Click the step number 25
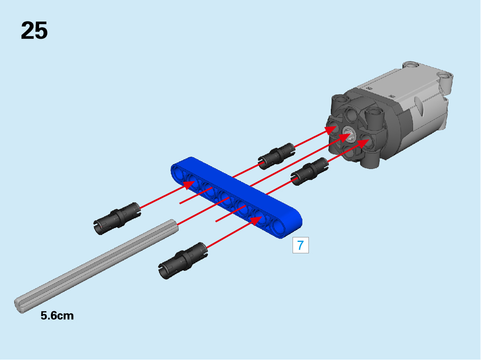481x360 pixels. tap(34, 31)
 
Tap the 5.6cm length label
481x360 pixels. tap(57, 316)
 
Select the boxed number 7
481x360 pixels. tap(300, 245)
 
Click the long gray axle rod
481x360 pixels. tap(96, 266)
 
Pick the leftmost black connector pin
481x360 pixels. tap(117, 219)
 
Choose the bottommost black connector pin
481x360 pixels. tap(183, 261)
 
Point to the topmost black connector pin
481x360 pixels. tap(276, 156)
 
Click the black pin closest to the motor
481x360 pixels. tap(309, 171)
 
